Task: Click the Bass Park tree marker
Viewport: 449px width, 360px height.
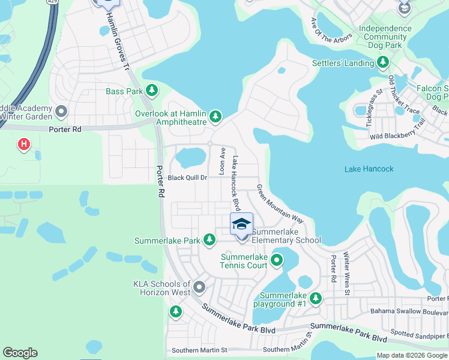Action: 152,91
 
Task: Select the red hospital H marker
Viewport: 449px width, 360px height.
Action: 24,145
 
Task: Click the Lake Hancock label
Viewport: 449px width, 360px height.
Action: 369,169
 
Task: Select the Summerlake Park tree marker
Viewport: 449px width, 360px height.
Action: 209,240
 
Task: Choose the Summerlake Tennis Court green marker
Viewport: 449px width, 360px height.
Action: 277,260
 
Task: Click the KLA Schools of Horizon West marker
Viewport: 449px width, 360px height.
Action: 199,287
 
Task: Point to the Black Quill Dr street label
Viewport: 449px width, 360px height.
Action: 187,178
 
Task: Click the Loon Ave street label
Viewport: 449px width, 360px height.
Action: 221,161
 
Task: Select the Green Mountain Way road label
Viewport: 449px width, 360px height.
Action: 280,204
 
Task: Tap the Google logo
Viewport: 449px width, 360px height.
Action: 20,353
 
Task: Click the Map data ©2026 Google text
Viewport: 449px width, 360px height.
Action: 411,355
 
